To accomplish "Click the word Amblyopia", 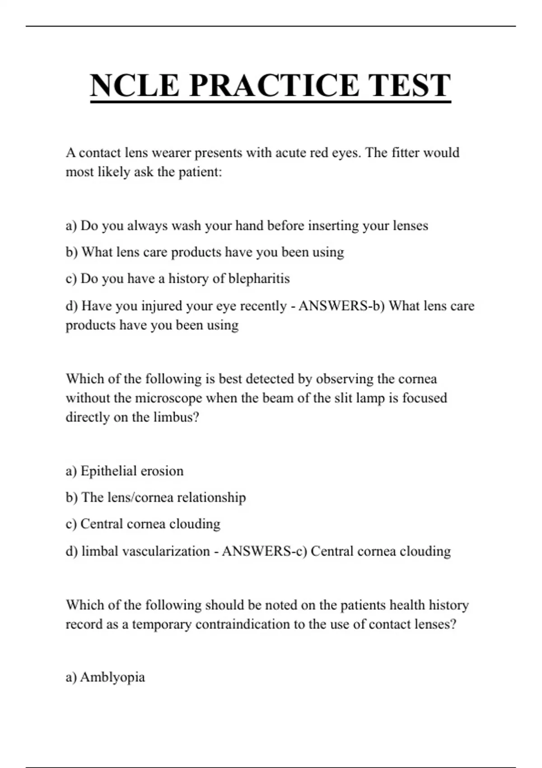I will (x=112, y=677).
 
